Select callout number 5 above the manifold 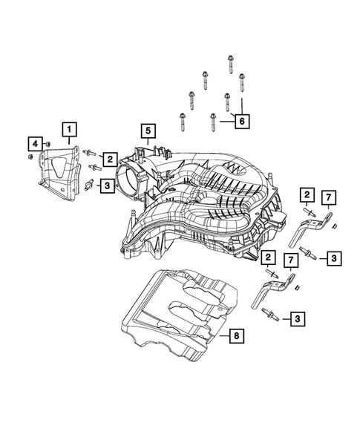[148, 132]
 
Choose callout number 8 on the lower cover [235, 336]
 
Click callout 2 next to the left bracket [108, 157]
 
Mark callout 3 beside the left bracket [108, 185]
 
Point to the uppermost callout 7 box [327, 196]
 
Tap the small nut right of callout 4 [48, 141]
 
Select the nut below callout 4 [29, 157]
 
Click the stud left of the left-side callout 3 [91, 184]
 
